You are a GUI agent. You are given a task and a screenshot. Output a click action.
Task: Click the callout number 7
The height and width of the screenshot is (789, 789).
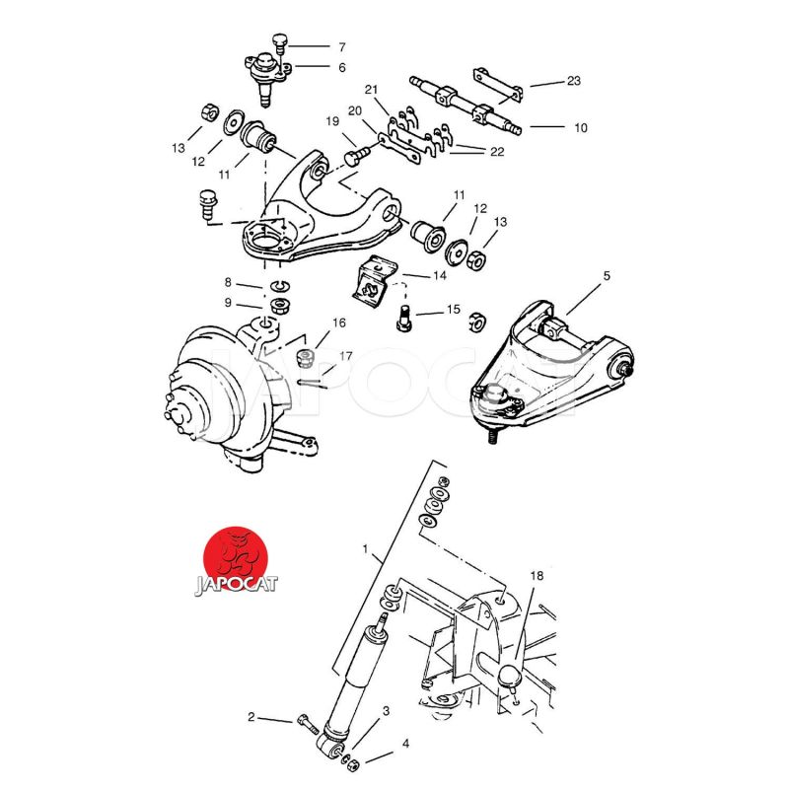(x=342, y=47)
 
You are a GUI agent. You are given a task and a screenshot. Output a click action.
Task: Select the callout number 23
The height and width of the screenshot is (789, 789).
(x=574, y=81)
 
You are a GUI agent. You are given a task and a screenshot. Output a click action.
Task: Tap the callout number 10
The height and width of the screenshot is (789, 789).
(x=581, y=128)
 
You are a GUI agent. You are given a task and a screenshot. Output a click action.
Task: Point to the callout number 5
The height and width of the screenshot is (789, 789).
(x=607, y=276)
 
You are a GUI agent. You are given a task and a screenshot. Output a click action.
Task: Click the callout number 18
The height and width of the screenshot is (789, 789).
(x=537, y=575)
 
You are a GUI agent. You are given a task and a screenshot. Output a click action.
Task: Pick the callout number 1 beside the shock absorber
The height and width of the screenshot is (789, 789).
(x=366, y=548)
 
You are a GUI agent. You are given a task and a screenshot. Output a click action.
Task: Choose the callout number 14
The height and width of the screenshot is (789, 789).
(x=440, y=275)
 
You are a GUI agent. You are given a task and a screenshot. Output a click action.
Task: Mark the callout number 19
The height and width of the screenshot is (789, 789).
(x=332, y=121)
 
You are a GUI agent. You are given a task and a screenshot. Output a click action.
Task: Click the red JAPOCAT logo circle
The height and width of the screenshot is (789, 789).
(x=236, y=558)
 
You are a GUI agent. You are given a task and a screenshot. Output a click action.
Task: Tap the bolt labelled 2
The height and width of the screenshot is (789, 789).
(x=307, y=725)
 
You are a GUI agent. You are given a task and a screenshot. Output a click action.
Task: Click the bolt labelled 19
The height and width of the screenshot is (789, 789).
(x=357, y=155)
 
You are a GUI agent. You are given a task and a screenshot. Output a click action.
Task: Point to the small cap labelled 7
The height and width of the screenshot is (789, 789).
(x=280, y=41)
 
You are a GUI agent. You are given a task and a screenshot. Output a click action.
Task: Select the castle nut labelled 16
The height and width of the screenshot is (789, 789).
(x=306, y=357)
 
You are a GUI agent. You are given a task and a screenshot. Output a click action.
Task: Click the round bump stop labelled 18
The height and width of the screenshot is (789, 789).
(x=510, y=676)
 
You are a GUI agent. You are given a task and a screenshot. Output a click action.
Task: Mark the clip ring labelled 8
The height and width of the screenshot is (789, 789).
(x=281, y=287)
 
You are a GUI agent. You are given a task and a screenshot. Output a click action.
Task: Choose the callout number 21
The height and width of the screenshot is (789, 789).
(x=372, y=90)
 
